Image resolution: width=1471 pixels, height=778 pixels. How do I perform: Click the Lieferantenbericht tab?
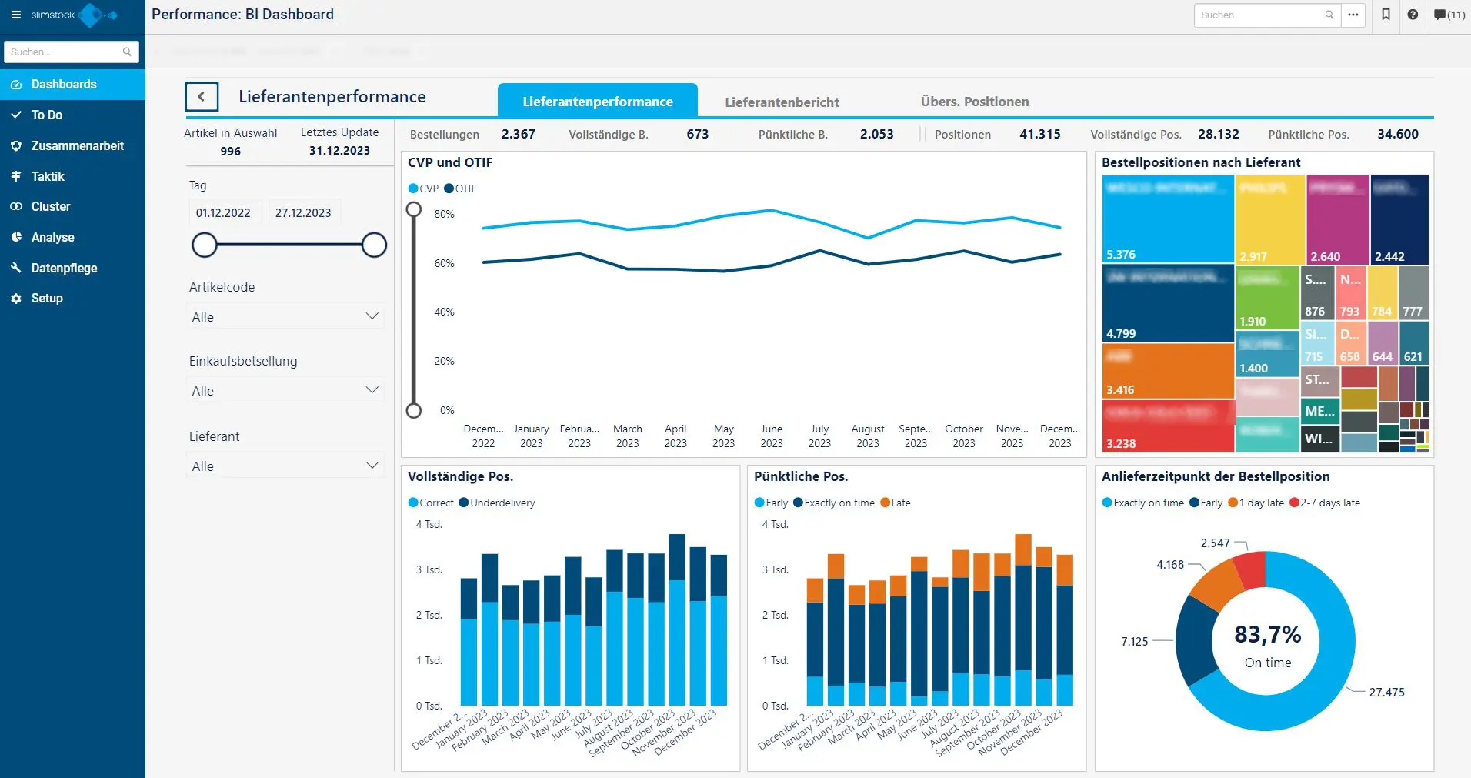[x=782, y=102]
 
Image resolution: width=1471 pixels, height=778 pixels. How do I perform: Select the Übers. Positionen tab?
[x=974, y=102]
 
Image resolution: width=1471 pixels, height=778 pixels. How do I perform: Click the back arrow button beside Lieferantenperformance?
[x=202, y=97]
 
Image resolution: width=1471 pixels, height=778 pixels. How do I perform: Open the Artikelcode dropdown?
[x=285, y=317]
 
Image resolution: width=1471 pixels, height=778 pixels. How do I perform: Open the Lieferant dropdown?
[x=285, y=466]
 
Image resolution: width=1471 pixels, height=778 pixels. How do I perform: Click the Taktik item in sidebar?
[x=48, y=176]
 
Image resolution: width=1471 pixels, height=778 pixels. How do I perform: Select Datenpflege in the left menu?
[x=64, y=268]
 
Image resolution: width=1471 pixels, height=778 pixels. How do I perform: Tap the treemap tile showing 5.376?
[x=1167, y=219]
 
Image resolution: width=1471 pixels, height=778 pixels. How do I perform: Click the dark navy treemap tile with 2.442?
[x=1399, y=219]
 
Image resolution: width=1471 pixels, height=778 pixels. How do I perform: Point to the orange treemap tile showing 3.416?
[x=1167, y=371]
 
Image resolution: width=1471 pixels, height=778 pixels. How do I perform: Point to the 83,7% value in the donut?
[x=1267, y=635]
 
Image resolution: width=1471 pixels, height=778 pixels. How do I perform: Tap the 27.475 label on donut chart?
[x=1386, y=692]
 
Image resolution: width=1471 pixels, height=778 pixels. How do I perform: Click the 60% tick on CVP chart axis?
[x=444, y=263]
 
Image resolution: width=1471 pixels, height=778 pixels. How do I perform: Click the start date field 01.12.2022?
[x=223, y=213]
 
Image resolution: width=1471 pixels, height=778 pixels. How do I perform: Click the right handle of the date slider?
[x=374, y=245]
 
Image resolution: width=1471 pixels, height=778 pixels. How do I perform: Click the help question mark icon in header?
[x=1413, y=15]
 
